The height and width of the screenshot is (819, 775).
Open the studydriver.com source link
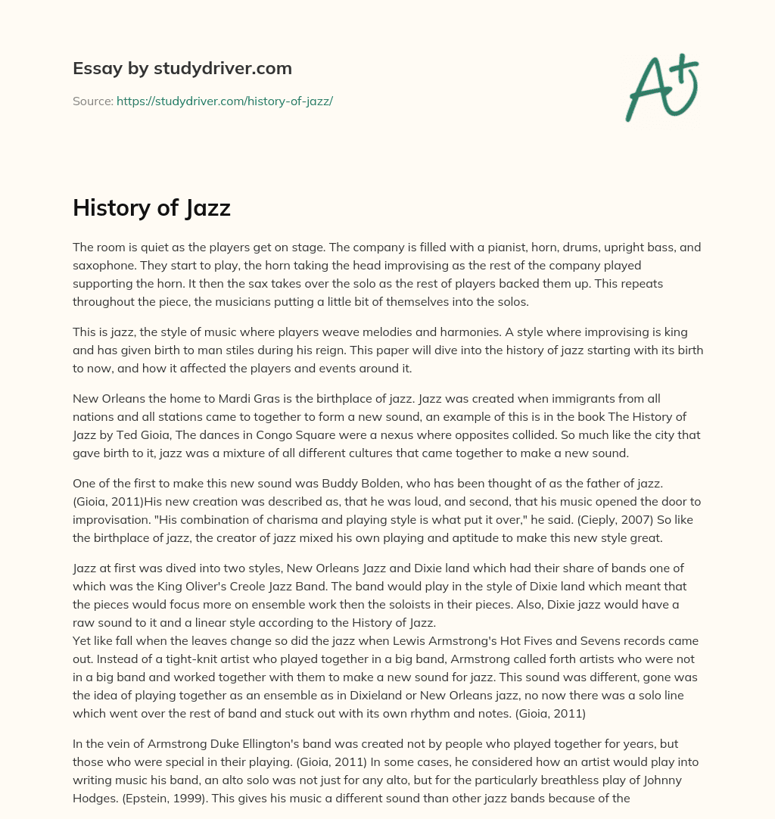pyautogui.click(x=224, y=101)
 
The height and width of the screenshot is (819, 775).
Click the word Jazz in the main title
pyautogui.click(x=205, y=207)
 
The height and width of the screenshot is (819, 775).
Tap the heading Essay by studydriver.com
pyautogui.click(x=182, y=68)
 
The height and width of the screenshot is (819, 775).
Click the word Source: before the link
pyautogui.click(x=92, y=101)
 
